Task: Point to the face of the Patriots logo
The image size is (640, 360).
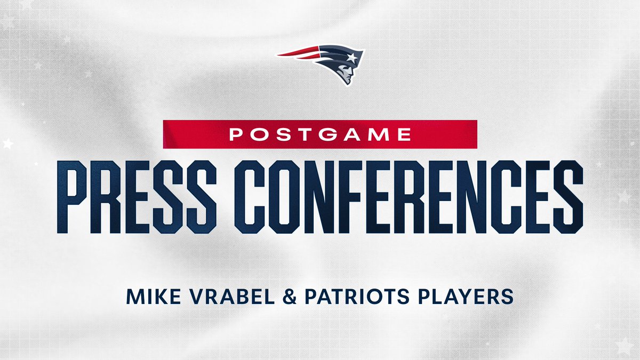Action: (346, 75)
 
